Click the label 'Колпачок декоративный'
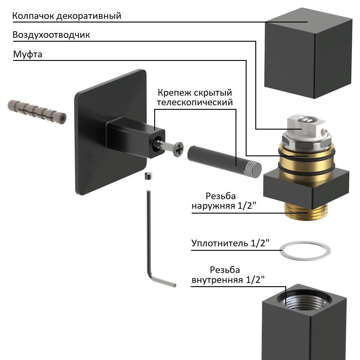(x=67, y=16)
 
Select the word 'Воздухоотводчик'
(x=51, y=35)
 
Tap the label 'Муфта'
(x=28, y=55)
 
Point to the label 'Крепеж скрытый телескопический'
(x=195, y=97)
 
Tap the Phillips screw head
(x=179, y=149)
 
